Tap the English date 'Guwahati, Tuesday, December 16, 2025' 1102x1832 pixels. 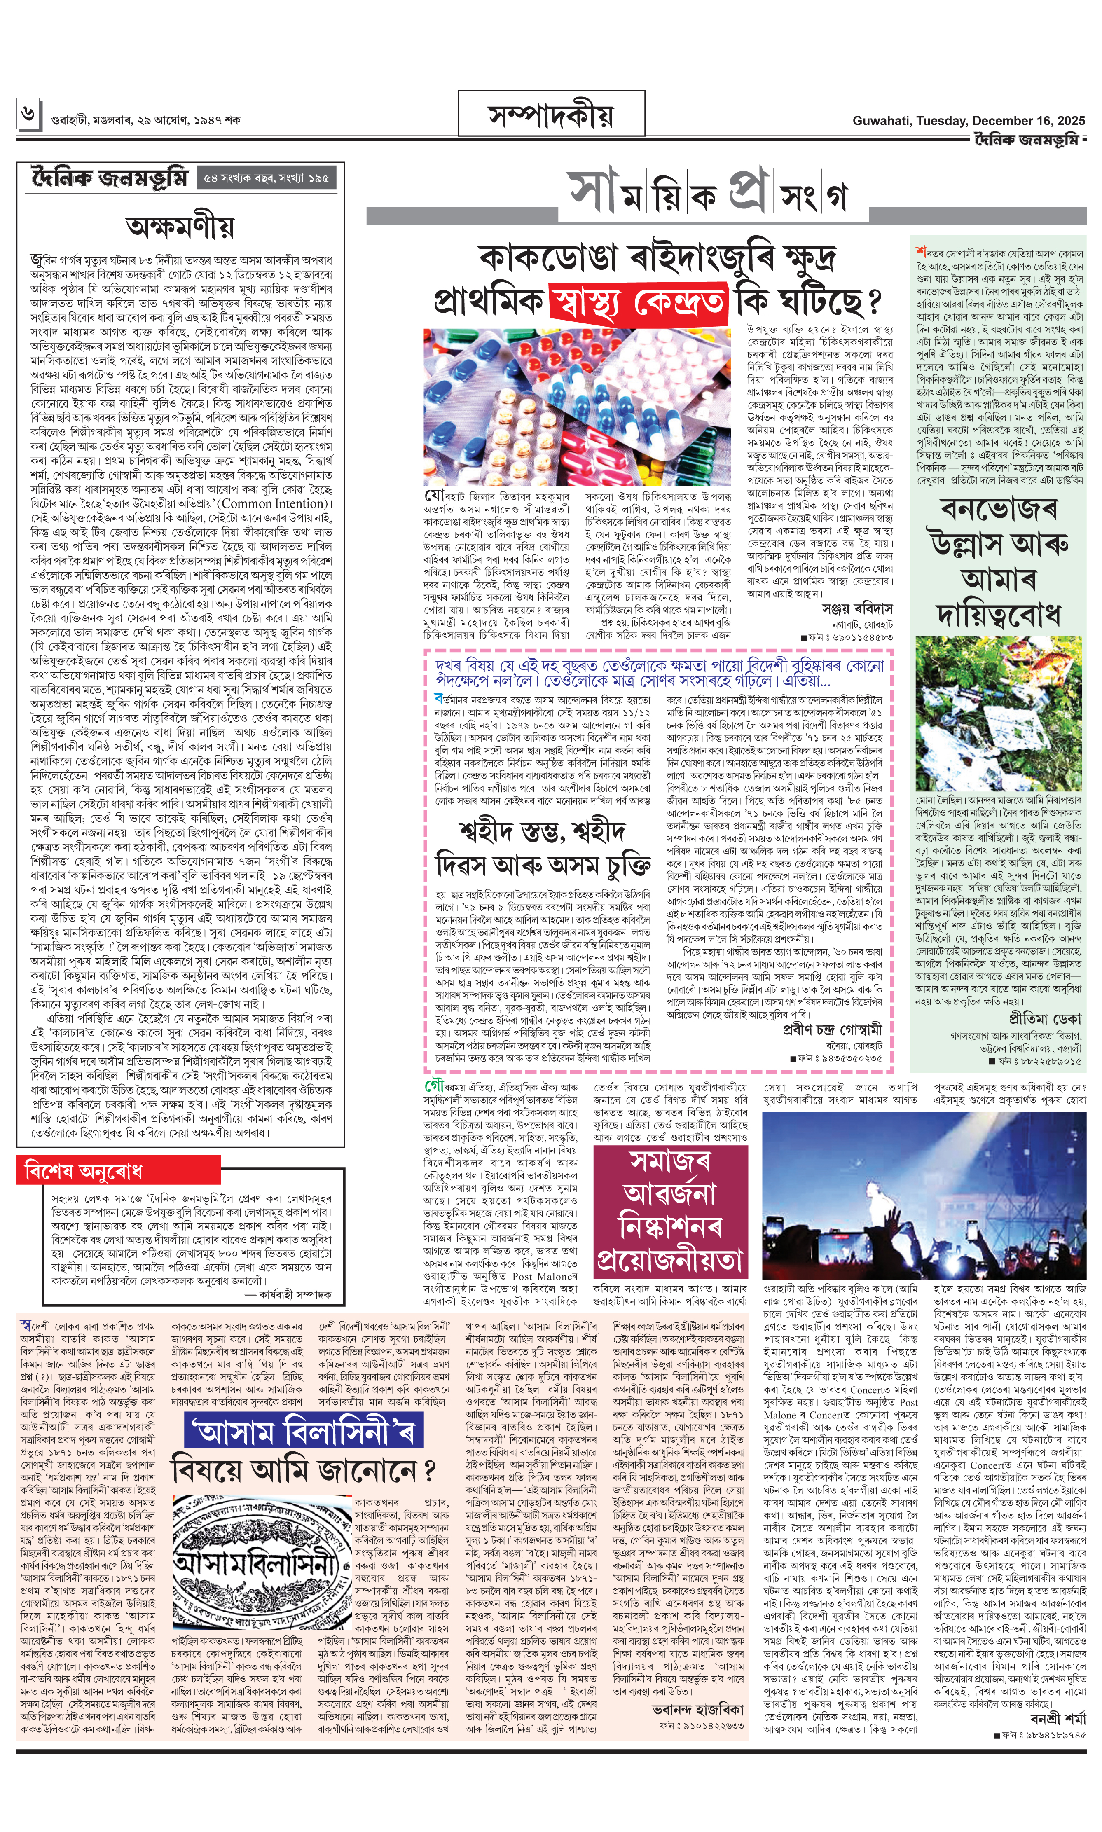[x=969, y=120]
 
